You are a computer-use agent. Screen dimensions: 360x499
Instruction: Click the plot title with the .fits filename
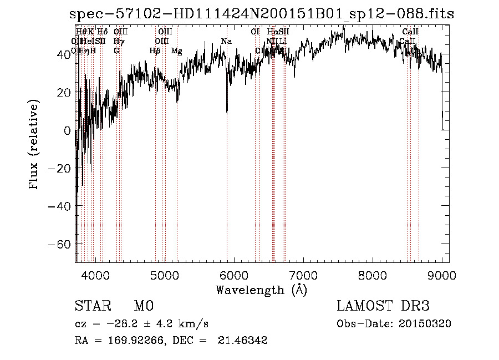click(x=261, y=14)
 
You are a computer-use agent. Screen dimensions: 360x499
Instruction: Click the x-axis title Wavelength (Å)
click(x=261, y=290)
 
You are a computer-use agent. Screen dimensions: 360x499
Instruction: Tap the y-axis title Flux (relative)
click(x=34, y=145)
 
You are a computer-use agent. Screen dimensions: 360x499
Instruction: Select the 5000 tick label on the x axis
click(x=165, y=275)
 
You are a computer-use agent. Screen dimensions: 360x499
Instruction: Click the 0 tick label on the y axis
click(x=67, y=131)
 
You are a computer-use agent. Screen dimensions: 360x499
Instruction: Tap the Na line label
click(x=226, y=42)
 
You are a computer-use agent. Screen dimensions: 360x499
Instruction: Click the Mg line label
click(x=176, y=51)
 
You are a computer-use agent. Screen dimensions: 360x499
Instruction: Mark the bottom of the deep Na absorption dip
click(x=227, y=113)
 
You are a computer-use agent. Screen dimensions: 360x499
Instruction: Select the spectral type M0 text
click(x=143, y=306)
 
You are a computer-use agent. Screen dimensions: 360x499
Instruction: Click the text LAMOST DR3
click(x=383, y=306)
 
